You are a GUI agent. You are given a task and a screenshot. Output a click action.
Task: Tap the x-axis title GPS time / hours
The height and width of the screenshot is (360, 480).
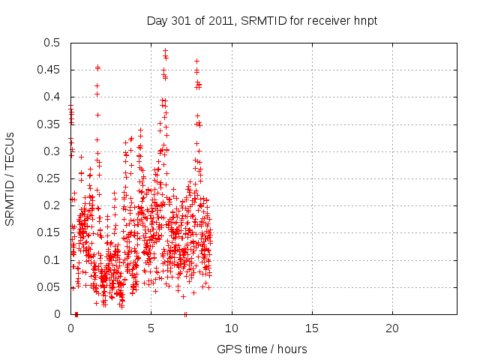[262, 349]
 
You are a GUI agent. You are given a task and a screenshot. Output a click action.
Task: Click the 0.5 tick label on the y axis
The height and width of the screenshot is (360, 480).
[53, 43]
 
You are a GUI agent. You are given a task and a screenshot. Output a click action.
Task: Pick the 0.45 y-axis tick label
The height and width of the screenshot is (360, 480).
[50, 70]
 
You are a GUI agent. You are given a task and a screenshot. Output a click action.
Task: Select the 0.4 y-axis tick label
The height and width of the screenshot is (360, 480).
[53, 97]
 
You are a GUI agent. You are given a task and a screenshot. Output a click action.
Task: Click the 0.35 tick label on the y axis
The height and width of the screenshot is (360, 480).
[50, 124]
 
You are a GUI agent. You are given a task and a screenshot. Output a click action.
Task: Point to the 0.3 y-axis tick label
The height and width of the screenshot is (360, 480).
[53, 151]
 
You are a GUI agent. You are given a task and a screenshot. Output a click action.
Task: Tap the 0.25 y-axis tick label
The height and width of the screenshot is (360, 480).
[50, 178]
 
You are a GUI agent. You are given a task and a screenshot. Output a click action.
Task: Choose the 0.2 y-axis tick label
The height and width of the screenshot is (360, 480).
[53, 205]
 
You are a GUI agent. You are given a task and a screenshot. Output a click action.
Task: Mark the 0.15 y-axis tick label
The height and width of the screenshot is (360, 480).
[50, 232]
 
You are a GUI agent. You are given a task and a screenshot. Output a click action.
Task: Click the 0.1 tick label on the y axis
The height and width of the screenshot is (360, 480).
[53, 259]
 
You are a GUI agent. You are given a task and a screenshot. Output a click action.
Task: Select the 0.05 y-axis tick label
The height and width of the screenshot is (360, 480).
[50, 286]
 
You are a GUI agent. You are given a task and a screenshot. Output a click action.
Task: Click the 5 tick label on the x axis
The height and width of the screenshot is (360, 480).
[151, 328]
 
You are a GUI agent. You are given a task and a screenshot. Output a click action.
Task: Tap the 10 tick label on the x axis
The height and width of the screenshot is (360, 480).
[232, 328]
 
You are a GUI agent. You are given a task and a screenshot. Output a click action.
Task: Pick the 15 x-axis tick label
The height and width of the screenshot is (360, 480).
[312, 328]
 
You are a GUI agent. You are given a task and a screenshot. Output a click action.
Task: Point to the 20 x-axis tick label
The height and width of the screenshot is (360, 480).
[392, 328]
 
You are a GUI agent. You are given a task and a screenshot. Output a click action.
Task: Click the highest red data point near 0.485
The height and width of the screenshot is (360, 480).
[165, 50]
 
